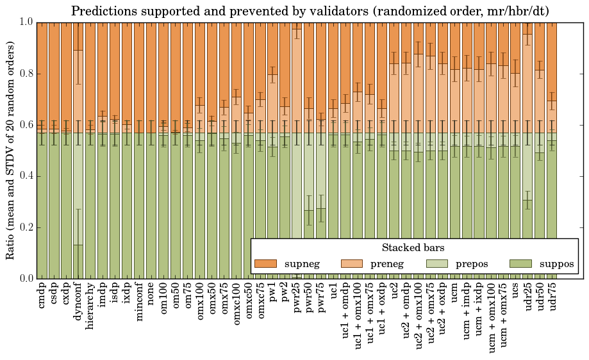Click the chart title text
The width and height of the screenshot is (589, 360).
[x=310, y=11]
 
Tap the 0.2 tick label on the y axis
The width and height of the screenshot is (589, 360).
[x=25, y=227]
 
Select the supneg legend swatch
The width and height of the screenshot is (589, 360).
[x=265, y=264]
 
